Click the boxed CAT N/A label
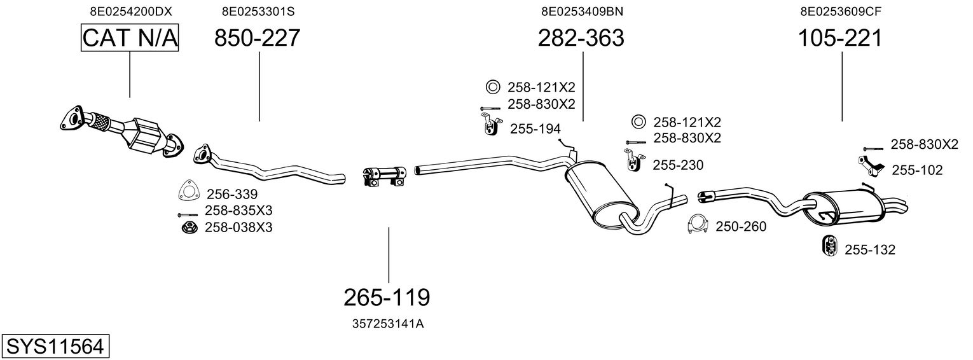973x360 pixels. [130, 38]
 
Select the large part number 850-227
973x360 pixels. [257, 39]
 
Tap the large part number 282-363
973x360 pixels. [581, 39]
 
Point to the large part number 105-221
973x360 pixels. [840, 39]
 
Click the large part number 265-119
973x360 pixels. [387, 296]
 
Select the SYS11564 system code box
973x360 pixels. [54, 347]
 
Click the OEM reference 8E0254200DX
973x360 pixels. [130, 11]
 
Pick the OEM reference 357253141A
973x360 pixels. [387, 324]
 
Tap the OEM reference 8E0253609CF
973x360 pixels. [840, 11]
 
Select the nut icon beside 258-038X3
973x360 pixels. [188, 227]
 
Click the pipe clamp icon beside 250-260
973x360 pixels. [698, 225]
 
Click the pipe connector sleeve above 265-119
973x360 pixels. [385, 176]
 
